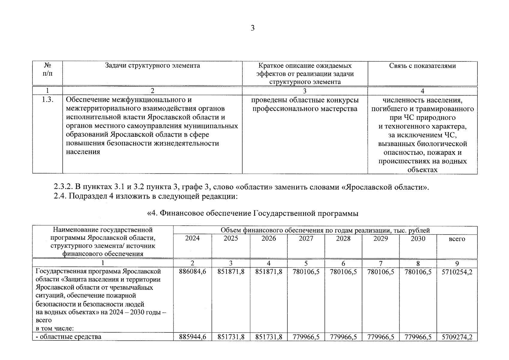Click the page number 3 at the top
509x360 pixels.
coord(253,28)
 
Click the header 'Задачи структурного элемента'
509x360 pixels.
coord(152,66)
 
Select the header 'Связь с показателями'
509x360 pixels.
coord(422,66)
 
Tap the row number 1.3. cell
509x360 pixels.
coord(47,100)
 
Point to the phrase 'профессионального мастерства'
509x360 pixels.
coord(305,109)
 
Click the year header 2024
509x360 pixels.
coord(192,238)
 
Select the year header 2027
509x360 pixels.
coord(306,238)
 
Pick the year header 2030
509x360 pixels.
coord(418,238)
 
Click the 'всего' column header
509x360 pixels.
coord(457,239)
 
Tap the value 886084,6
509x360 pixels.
coord(192,272)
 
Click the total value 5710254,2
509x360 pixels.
coord(457,272)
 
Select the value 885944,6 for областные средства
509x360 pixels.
coord(192,337)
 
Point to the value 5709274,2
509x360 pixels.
coord(457,337)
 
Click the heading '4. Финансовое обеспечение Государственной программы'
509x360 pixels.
coord(253,213)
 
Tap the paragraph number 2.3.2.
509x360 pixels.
coord(63,187)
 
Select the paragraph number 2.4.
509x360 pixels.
coord(60,196)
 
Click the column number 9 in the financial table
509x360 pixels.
coord(457,263)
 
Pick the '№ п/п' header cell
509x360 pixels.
coord(47,69)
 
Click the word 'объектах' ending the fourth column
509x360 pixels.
coord(422,170)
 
